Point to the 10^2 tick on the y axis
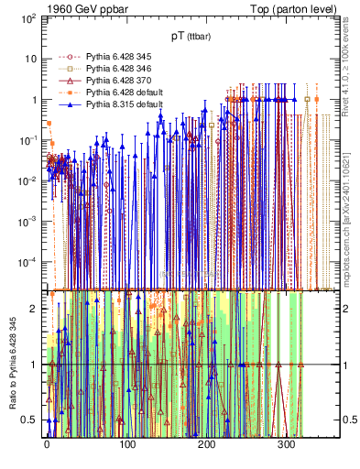27,17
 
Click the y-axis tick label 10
30,59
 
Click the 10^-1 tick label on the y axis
27,139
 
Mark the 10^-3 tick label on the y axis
27,221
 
